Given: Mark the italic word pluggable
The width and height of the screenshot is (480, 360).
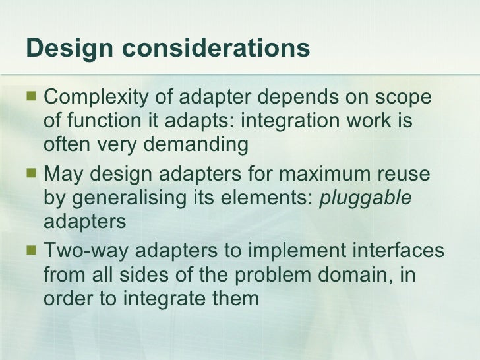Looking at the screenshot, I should click(365, 198).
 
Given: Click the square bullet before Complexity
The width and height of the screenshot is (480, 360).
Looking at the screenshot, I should click(30, 99).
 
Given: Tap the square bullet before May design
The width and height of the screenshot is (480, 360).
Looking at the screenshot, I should click(30, 175).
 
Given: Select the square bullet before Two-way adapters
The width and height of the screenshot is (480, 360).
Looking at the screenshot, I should click(30, 252).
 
